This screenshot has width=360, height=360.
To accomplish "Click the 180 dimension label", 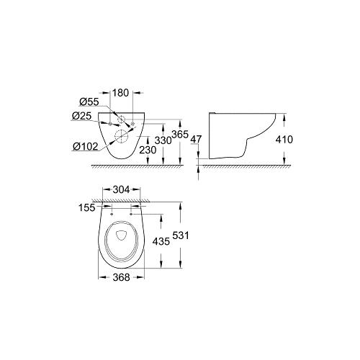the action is pyautogui.click(x=121, y=93).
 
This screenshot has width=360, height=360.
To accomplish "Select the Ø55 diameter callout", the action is pyautogui.click(x=89, y=102).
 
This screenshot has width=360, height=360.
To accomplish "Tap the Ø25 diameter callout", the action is pyautogui.click(x=81, y=116).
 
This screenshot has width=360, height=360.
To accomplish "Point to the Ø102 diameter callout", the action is pyautogui.click(x=86, y=146).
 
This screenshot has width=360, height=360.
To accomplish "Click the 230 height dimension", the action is pyautogui.click(x=148, y=150).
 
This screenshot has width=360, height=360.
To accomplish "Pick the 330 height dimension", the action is pyautogui.click(x=163, y=140).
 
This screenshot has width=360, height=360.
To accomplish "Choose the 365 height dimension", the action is pyautogui.click(x=180, y=135).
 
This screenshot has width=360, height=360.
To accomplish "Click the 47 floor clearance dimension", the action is pyautogui.click(x=197, y=139).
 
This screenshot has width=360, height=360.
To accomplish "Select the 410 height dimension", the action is pyautogui.click(x=284, y=139).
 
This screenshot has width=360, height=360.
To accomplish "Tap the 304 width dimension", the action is pyautogui.click(x=121, y=190).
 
